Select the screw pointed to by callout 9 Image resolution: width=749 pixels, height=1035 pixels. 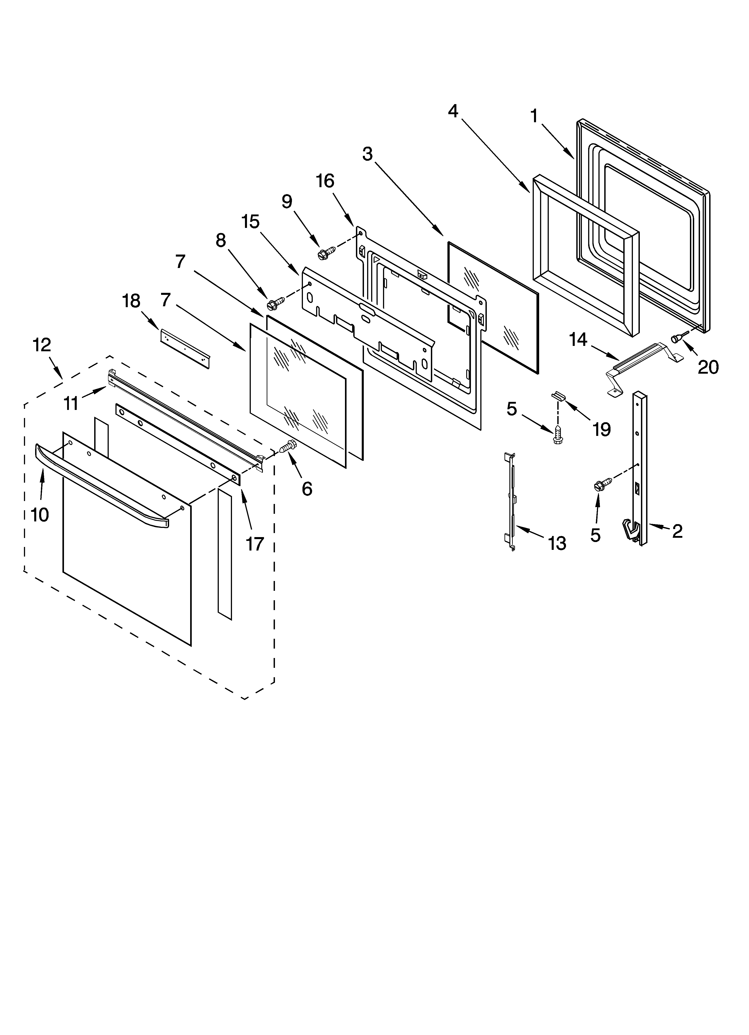(x=327, y=252)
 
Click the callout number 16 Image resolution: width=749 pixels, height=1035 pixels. (x=325, y=181)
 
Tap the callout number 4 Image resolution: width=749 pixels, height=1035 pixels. (x=453, y=110)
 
